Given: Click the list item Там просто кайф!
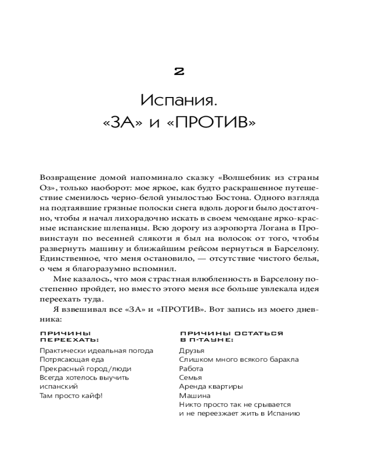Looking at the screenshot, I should click(x=71, y=395).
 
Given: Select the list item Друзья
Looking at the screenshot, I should click(x=192, y=350).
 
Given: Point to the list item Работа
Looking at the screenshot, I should click(x=191, y=368).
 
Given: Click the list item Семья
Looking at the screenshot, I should click(x=190, y=377).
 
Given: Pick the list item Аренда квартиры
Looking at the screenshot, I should click(x=211, y=386).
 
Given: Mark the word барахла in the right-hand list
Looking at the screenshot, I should click(x=281, y=359).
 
